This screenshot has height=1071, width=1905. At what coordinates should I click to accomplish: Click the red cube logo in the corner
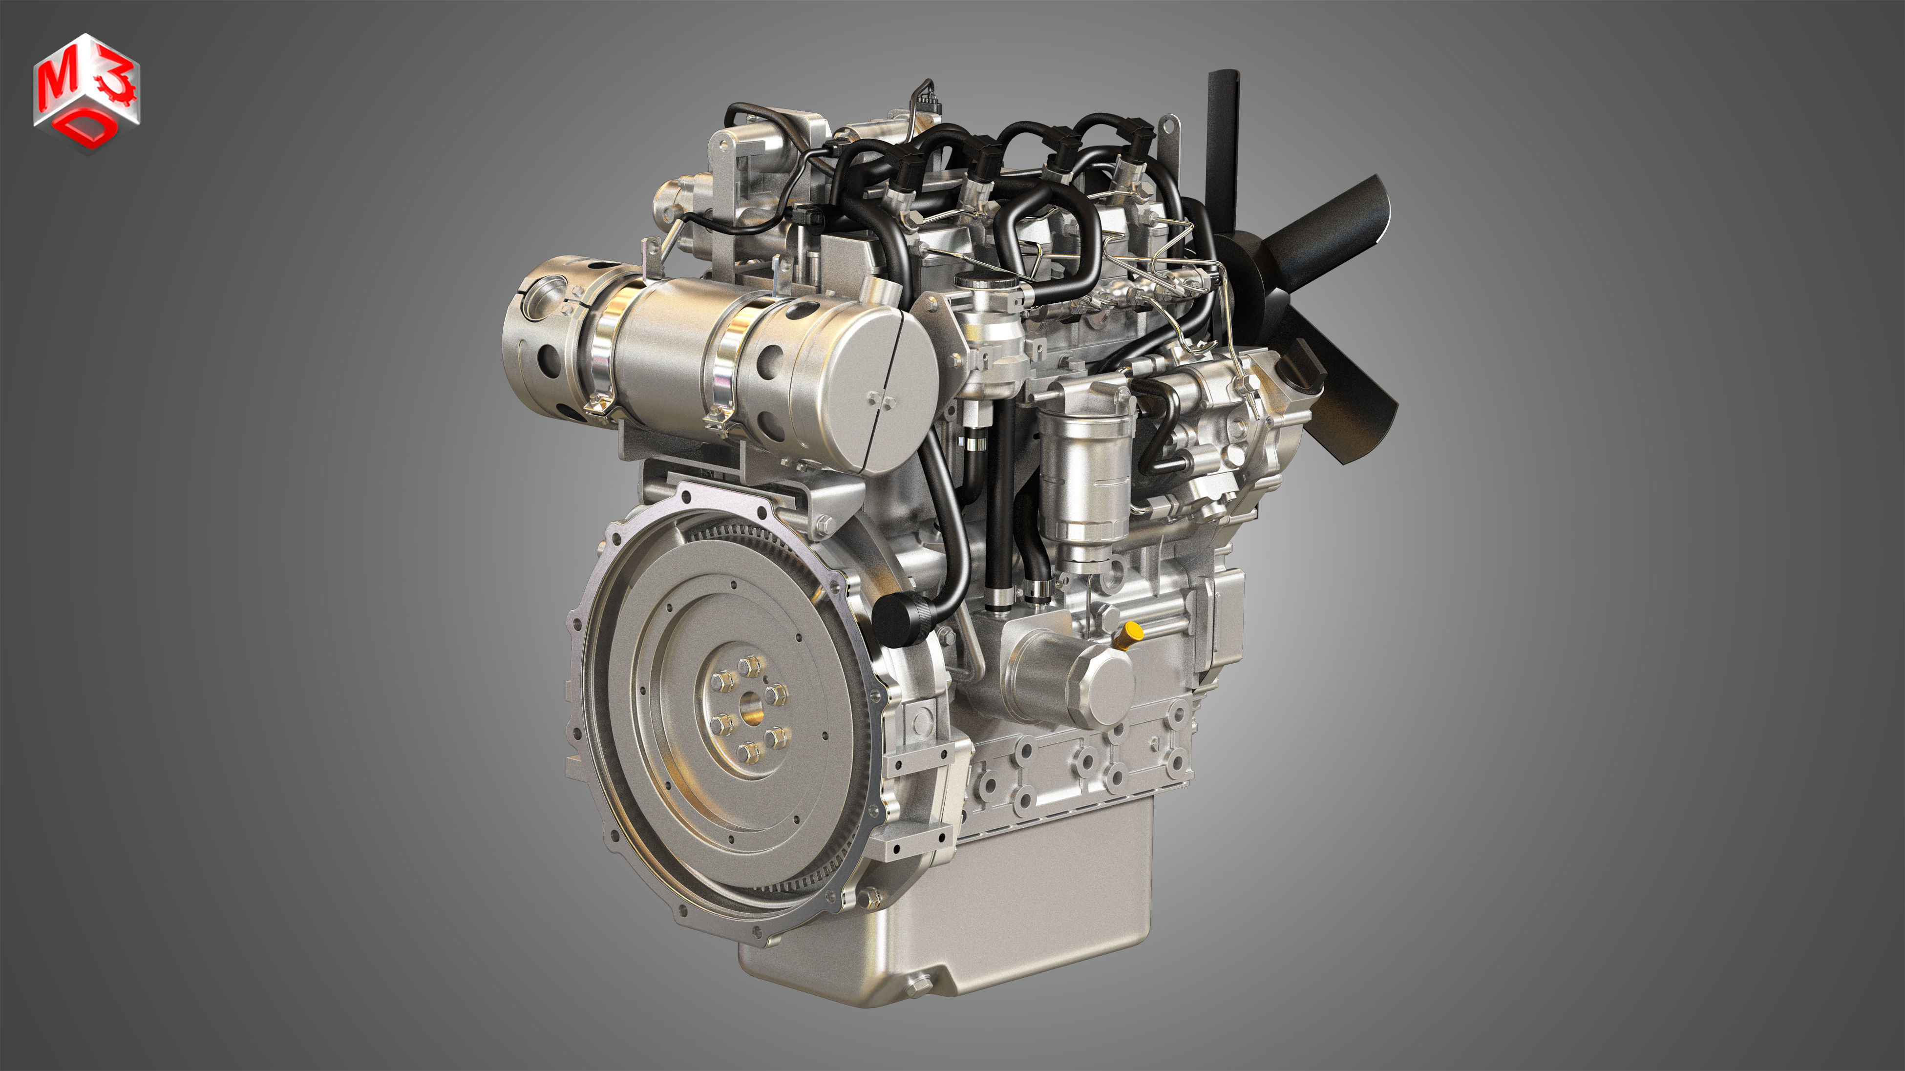86,92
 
